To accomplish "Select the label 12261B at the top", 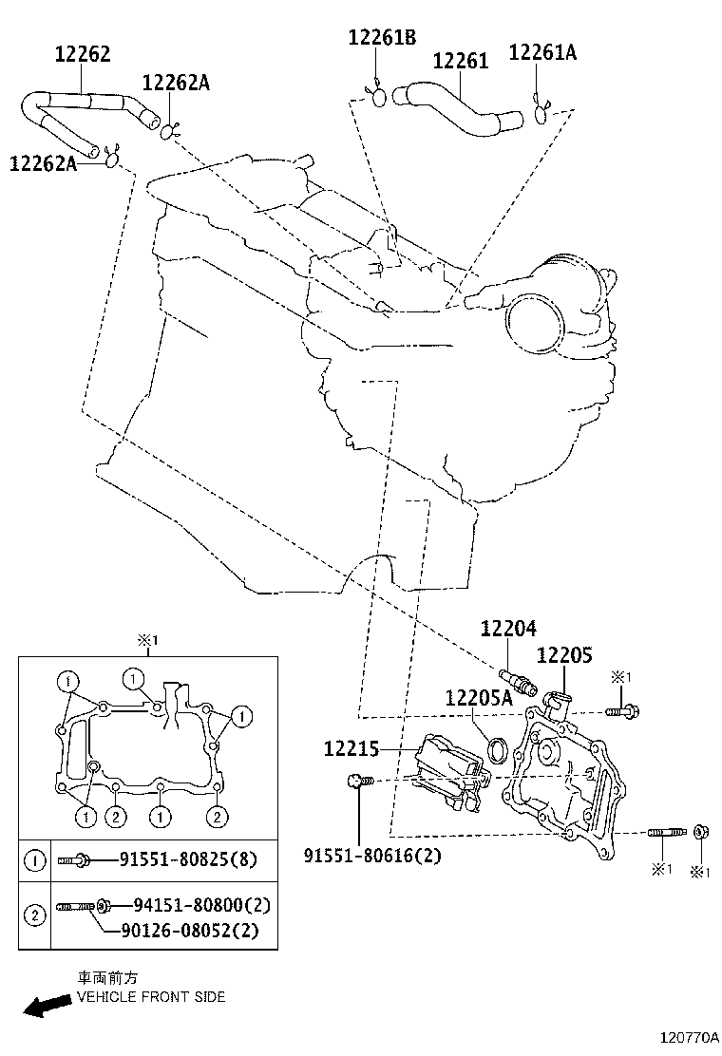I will (x=382, y=37).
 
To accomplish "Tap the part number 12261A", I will (x=542, y=52).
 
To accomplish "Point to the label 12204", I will (x=507, y=628).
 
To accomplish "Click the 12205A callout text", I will (x=478, y=698).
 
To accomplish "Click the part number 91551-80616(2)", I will (x=372, y=856).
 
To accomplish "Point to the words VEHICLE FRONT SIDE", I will (x=151, y=997).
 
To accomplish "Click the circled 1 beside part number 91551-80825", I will (x=34, y=860).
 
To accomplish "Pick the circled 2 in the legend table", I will (x=34, y=915).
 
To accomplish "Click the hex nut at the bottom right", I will (x=699, y=833).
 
